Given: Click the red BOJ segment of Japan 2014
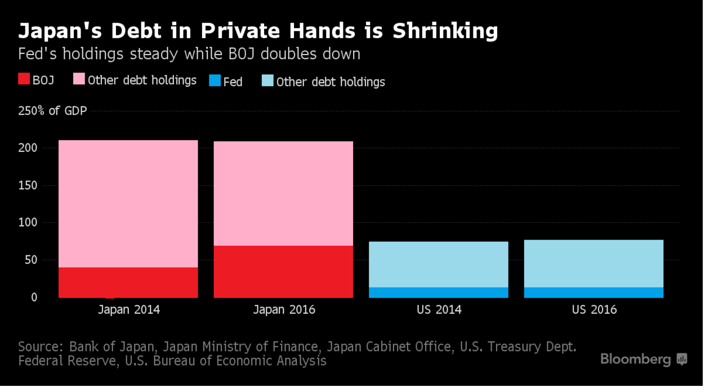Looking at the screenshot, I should [x=128, y=282].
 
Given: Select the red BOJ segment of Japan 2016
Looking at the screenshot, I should [x=283, y=272].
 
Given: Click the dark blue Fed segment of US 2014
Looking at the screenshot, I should [x=439, y=292].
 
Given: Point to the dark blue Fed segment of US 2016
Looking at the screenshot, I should [x=594, y=292].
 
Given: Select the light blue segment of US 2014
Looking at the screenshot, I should [x=439, y=264].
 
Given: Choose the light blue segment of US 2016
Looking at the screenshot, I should [x=594, y=263].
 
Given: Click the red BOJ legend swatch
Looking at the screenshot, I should [x=23, y=79].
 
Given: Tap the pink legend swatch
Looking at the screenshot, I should [x=79, y=79].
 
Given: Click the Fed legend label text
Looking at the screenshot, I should [x=233, y=82].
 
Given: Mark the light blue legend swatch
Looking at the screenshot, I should [x=267, y=81].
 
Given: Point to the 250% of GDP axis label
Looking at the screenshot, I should [x=52, y=111].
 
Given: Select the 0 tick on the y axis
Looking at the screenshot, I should [x=34, y=297].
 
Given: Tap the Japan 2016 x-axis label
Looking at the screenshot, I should [x=284, y=310].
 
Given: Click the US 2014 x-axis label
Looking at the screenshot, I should [x=439, y=310].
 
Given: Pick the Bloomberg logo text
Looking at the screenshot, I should [x=635, y=359].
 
